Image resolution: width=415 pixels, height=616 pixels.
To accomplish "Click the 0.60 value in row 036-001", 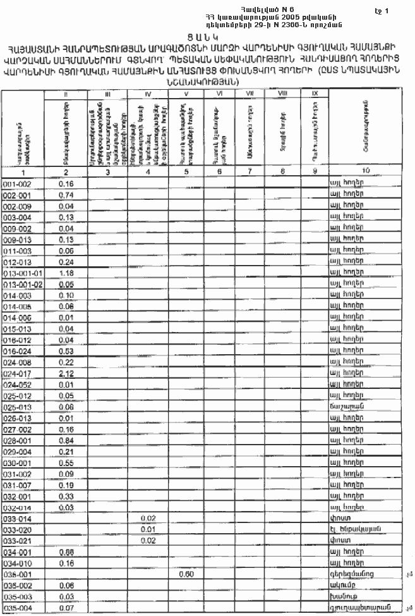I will (186, 574).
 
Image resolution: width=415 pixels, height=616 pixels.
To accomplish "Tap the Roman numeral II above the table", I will (66, 93).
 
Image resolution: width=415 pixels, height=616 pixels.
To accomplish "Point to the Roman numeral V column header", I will (186, 93).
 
